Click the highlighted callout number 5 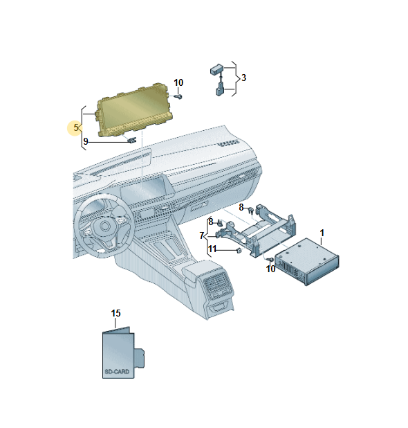[x=76, y=127]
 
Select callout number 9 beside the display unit [x=86, y=141]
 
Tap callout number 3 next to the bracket [x=243, y=78]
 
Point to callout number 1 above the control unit [x=322, y=233]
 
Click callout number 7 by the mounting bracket [x=202, y=235]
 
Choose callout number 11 [x=212, y=249]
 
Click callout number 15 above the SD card [x=116, y=313]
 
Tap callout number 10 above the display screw [x=178, y=82]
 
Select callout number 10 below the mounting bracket [x=270, y=269]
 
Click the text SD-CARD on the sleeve [x=117, y=372]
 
